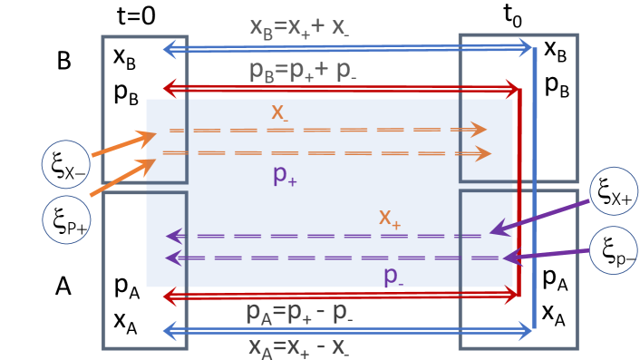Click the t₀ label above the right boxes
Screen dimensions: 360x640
(516, 15)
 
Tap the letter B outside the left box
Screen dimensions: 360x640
(63, 60)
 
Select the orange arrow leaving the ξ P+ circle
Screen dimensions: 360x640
(123, 177)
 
